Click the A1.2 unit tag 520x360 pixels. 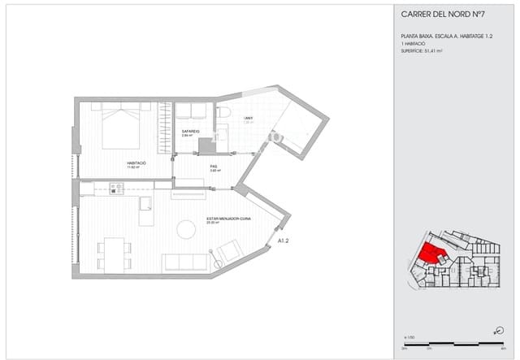(284, 241)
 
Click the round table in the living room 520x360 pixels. (187, 230)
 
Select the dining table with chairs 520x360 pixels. (113, 253)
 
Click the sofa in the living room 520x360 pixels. (186, 262)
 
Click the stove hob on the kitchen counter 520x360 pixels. (115, 189)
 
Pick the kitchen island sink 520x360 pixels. (145, 203)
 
